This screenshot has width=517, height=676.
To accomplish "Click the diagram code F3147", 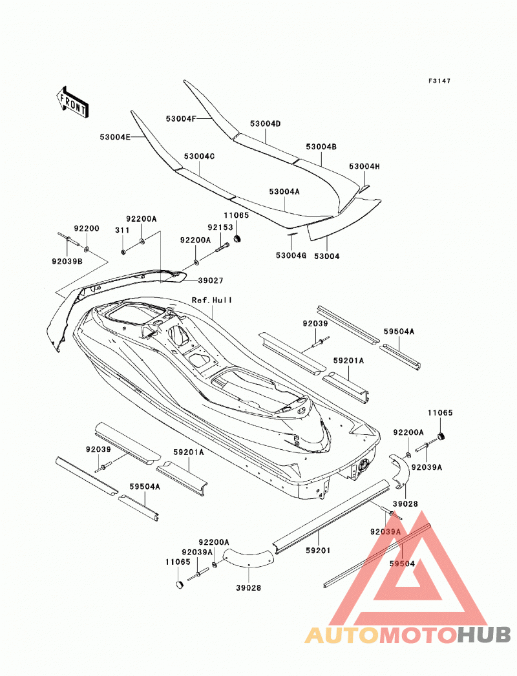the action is tap(439, 81).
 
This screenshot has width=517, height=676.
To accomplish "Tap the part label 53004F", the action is tap(181, 118).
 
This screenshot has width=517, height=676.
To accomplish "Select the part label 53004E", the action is tap(115, 137).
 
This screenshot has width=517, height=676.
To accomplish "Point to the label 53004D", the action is tap(265, 123).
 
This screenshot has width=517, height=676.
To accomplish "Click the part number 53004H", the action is tap(364, 166).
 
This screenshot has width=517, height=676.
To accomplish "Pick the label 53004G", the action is tap(291, 256).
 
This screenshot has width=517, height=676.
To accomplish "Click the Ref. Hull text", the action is tap(212, 300).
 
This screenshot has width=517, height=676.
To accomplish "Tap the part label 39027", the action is tap(211, 280).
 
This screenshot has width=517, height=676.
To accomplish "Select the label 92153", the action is tap(220, 227).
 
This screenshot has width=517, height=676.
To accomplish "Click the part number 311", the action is tap(122, 230).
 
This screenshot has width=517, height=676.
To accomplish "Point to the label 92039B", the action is tap(67, 261).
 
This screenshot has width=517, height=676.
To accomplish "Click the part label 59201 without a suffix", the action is tap(318, 551).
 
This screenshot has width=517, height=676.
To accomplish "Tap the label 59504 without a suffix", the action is tap(402, 564).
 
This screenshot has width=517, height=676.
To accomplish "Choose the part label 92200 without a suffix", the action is tap(86, 229).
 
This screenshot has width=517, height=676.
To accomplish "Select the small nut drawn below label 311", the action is tap(123, 251).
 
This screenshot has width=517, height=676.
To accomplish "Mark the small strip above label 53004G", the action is tap(292, 235).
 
